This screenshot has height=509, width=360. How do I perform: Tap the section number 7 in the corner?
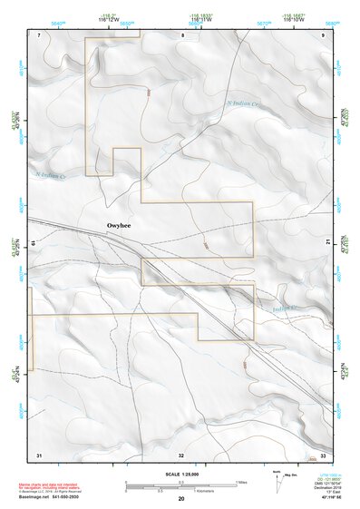pos(40,34)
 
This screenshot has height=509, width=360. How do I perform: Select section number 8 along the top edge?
pos(181,34)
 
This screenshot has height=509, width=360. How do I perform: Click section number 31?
pos(39,454)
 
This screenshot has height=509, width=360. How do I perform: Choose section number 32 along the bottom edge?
pos(181,454)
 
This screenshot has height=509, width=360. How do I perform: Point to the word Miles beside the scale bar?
pos(240,482)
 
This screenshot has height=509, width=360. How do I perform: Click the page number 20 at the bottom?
pos(181,499)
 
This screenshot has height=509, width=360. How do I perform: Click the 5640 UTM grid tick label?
pos(59,24)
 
